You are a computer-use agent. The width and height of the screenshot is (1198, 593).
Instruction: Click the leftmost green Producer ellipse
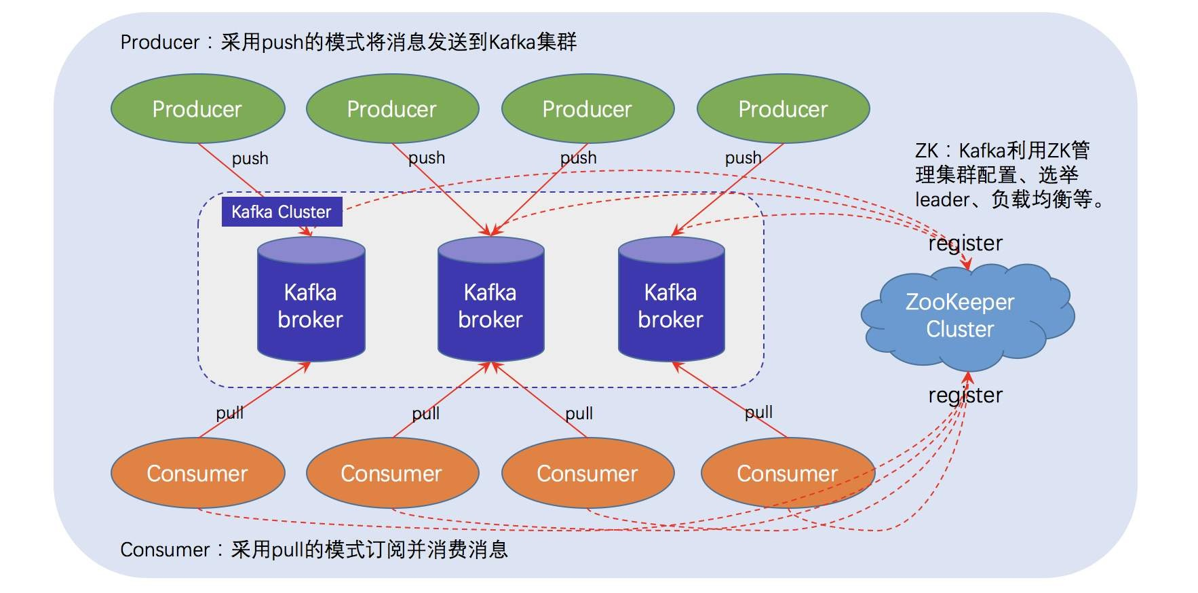(197, 109)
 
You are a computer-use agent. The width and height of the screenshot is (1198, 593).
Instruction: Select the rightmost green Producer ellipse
(783, 109)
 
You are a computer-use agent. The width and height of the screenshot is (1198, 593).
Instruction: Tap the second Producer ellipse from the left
(392, 109)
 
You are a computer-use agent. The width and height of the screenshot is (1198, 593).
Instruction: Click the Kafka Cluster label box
(282, 212)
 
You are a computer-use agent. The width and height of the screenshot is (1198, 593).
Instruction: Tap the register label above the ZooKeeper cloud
(965, 243)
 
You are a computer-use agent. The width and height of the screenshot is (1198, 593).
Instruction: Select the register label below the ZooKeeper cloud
(965, 395)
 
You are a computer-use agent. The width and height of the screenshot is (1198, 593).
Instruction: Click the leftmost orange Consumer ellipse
(197, 473)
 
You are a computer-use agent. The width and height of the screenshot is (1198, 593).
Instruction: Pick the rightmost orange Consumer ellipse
(787, 473)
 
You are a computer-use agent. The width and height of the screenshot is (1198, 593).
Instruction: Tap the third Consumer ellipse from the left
(587, 473)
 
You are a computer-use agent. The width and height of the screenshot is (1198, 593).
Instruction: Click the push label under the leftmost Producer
(250, 159)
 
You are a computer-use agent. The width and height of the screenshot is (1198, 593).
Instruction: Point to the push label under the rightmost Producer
(743, 158)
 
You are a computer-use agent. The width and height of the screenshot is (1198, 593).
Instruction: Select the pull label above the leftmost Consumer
(229, 413)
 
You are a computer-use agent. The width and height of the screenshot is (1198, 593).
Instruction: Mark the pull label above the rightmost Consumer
(758, 412)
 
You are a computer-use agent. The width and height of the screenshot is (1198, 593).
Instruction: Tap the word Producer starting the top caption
(159, 43)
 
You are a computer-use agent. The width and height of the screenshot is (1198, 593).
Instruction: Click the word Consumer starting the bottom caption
(164, 550)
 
